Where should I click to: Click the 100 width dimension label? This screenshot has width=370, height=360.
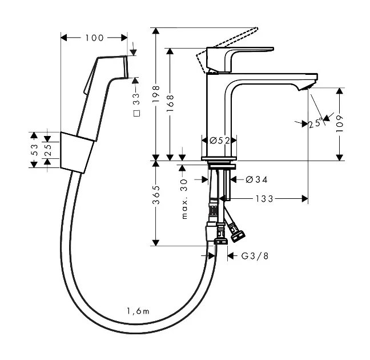(94, 38)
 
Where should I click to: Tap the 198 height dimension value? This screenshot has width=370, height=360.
(156, 94)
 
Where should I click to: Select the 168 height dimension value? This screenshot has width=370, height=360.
(170, 103)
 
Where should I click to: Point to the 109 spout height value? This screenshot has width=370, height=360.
(340, 124)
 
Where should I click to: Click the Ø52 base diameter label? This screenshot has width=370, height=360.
(220, 141)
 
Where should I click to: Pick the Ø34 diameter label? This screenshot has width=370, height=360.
(256, 180)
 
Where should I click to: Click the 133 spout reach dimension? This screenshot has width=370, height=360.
(264, 199)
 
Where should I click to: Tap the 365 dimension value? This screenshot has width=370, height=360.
(156, 195)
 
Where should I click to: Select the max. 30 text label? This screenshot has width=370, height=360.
(184, 199)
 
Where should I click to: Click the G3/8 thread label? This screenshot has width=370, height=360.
(255, 256)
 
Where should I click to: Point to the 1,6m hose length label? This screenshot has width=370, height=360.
(138, 311)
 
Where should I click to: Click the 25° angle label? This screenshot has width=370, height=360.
(316, 123)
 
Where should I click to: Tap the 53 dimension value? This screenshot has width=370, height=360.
(34, 150)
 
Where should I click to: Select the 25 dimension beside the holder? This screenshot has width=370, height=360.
(48, 150)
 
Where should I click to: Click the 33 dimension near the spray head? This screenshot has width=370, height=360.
(136, 99)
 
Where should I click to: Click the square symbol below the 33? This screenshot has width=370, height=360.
(136, 113)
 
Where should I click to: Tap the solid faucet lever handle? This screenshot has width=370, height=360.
(240, 59)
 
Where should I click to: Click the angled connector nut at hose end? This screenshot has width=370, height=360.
(238, 235)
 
